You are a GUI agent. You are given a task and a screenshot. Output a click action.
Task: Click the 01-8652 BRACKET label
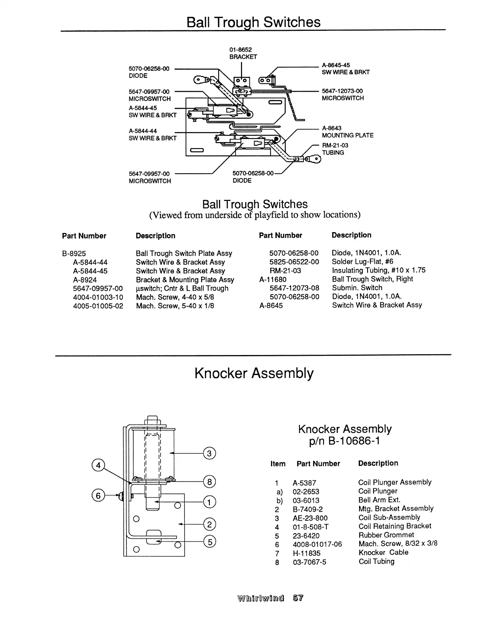coord(243,53)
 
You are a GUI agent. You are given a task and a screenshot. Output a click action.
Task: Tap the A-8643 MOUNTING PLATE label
coord(347,132)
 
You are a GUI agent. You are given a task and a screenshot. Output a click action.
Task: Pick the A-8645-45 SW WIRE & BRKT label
coord(345,68)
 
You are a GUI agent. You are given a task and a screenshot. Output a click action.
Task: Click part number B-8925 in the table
coord(74,253)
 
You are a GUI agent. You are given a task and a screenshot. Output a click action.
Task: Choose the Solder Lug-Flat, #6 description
coord(362,261)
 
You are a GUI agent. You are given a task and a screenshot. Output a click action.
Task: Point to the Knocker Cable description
coord(384,552)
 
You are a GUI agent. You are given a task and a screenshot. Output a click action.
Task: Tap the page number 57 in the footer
coord(298,598)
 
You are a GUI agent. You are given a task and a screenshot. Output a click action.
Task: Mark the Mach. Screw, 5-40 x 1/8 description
coord(175,306)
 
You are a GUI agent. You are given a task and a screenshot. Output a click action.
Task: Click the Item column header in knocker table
coord(278,463)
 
